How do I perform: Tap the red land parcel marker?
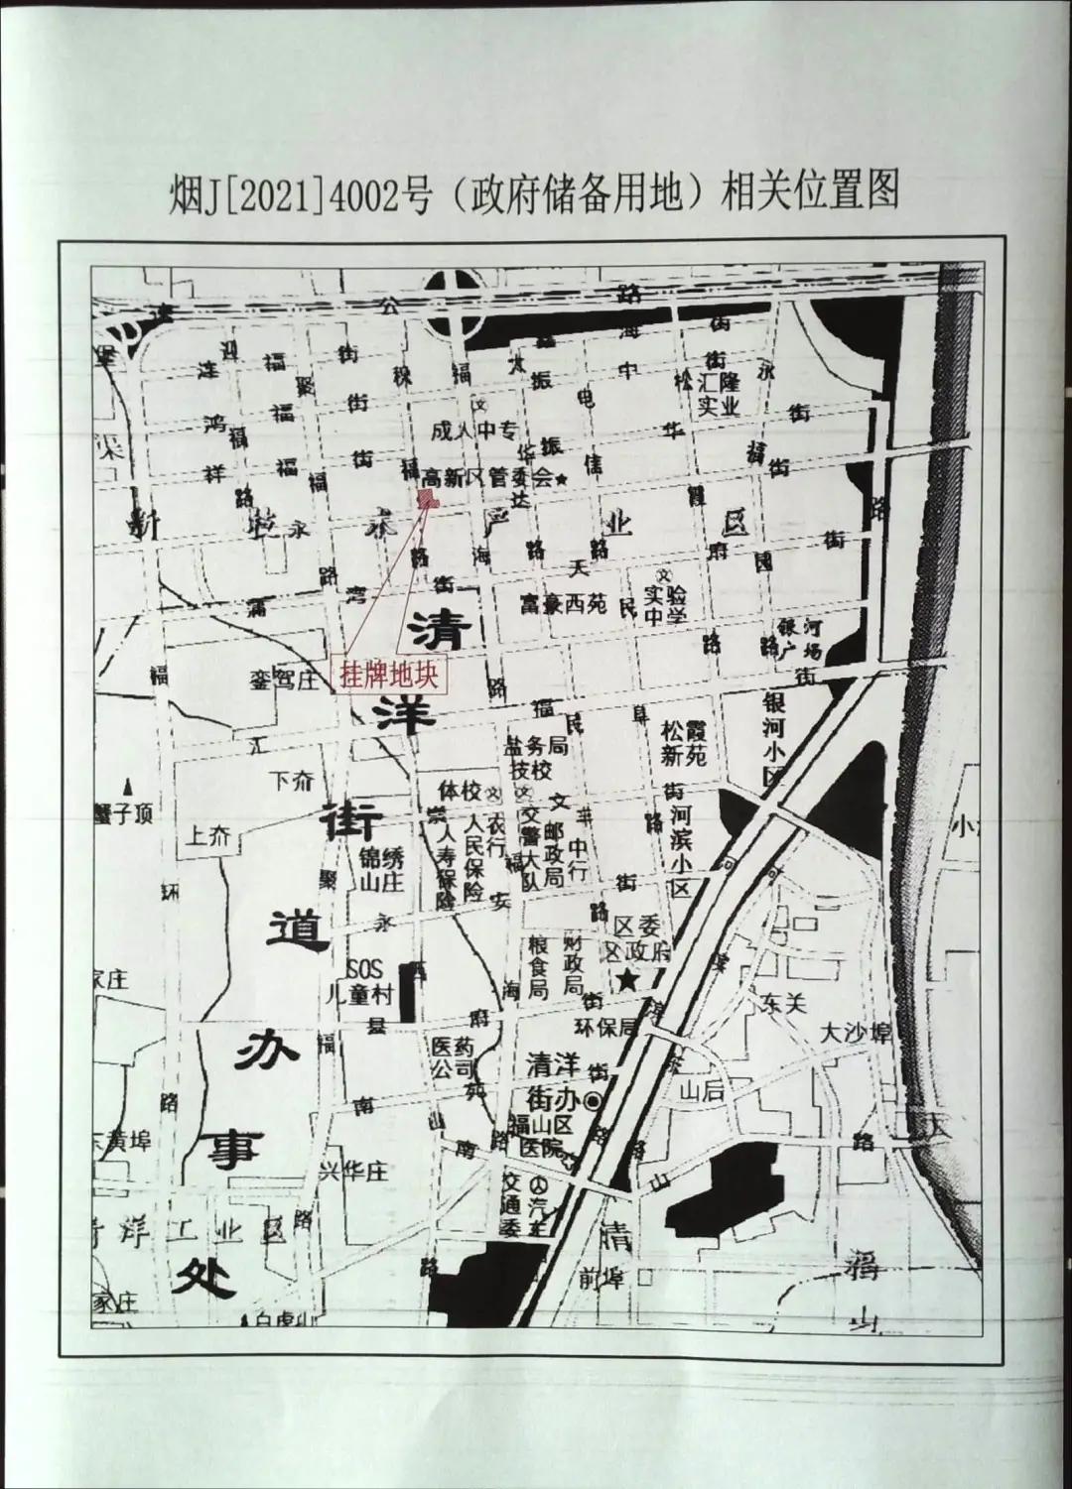click(427, 499)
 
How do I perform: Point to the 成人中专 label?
click(474, 432)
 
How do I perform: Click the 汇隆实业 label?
click(721, 394)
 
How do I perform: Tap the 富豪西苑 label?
click(563, 603)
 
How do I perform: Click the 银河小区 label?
click(773, 740)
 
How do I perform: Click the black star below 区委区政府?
click(627, 981)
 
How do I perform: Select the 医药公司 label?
click(453, 1057)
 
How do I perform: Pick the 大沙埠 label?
click(855, 1032)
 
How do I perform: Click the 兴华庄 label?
click(351, 1171)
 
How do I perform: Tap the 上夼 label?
click(209, 836)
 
